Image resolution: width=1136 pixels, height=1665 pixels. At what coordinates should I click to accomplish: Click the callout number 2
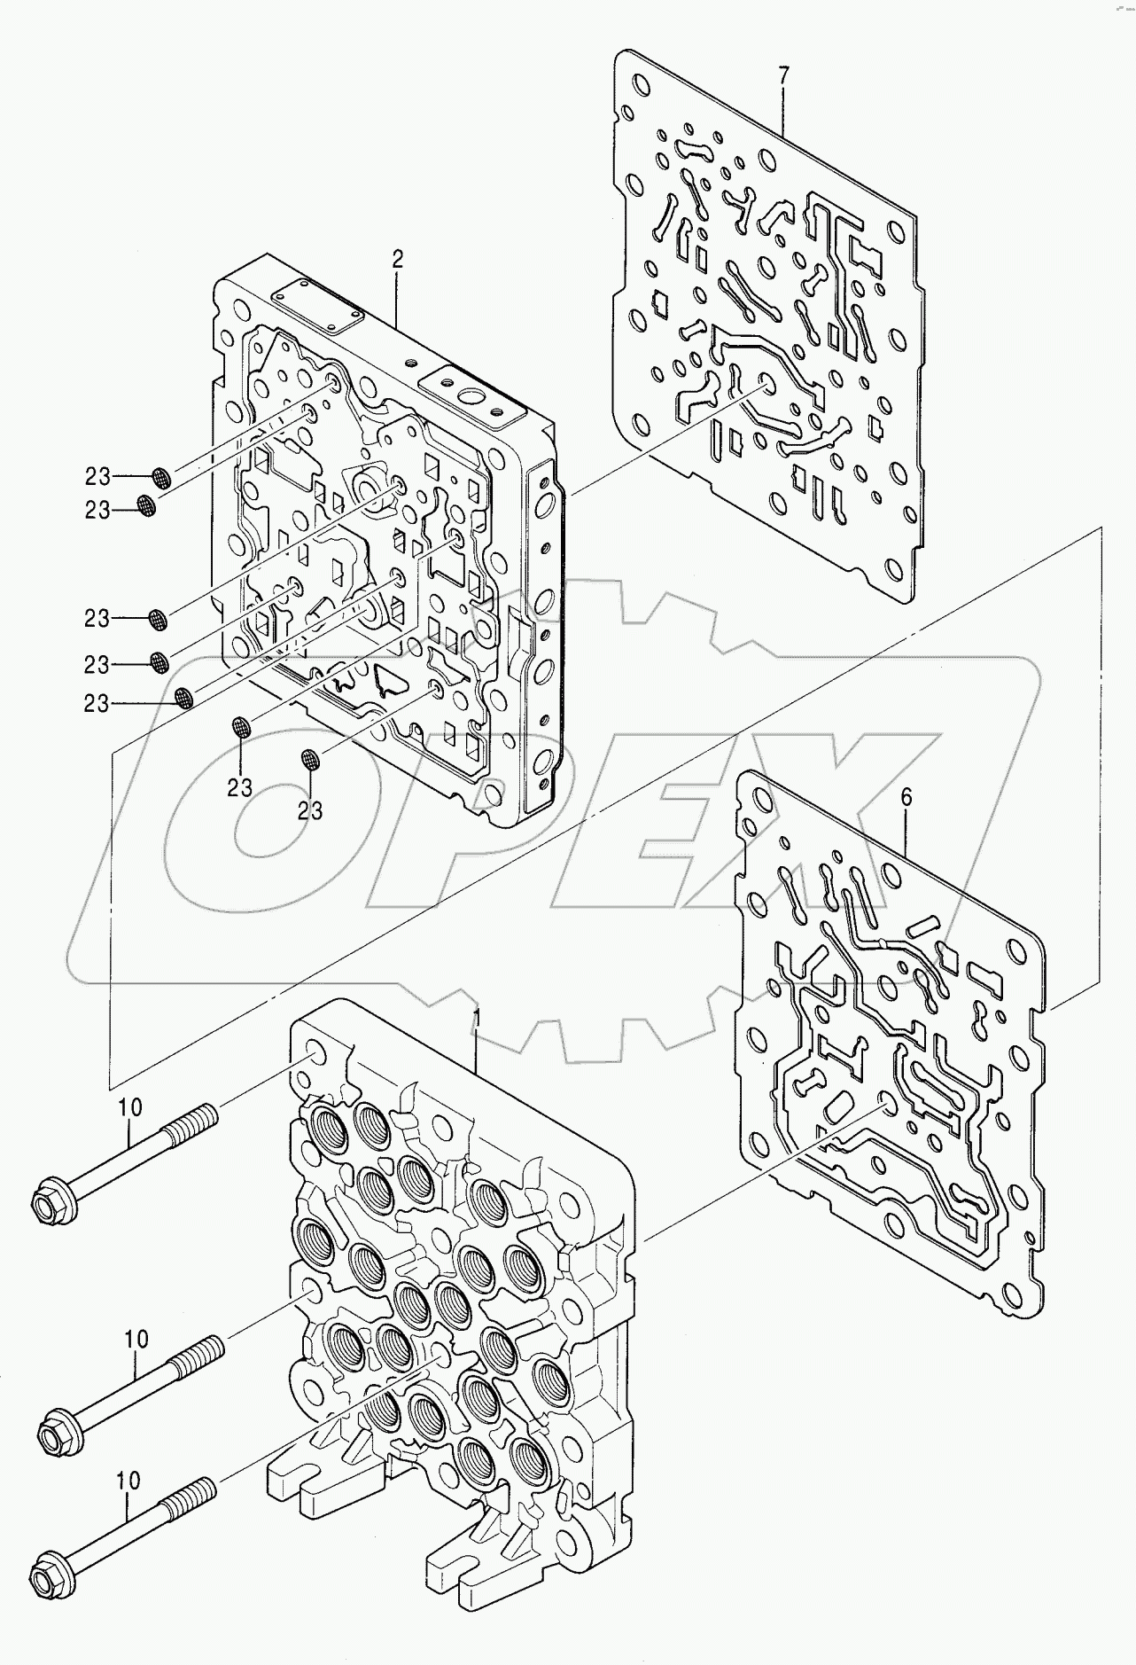pyautogui.click(x=397, y=260)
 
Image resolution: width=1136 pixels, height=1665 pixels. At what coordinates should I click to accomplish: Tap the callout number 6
pyautogui.click(x=906, y=798)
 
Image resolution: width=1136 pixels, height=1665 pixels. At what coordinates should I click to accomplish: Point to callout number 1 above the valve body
pyautogui.click(x=476, y=1017)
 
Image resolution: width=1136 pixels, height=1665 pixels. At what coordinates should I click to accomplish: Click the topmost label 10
pyautogui.click(x=129, y=1107)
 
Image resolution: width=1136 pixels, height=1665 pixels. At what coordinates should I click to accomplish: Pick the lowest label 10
pyautogui.click(x=128, y=1480)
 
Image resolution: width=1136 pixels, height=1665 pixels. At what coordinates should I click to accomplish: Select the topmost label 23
pyautogui.click(x=97, y=477)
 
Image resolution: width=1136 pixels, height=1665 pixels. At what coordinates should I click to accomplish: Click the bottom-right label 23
pyautogui.click(x=309, y=810)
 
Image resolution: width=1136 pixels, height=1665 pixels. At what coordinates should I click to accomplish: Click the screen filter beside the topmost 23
pyautogui.click(x=161, y=479)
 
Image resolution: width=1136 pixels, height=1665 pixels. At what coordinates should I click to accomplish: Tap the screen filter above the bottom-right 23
pyautogui.click(x=310, y=759)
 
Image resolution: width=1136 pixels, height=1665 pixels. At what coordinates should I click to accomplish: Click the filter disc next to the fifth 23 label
pyautogui.click(x=184, y=698)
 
